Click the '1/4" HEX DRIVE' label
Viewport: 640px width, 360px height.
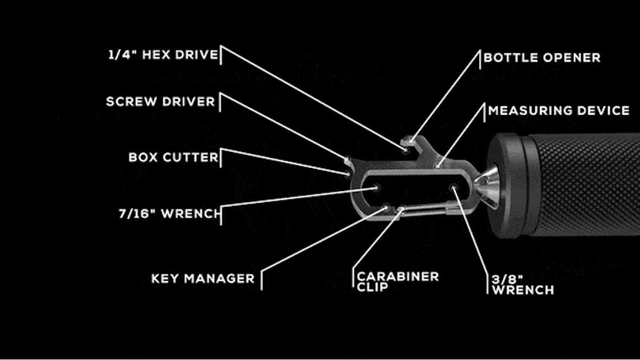pyautogui.click(x=163, y=55)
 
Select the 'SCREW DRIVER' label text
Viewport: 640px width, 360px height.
pyautogui.click(x=160, y=102)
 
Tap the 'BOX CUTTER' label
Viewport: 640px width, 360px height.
pyautogui.click(x=173, y=157)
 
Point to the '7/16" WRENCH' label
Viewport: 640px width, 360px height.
pyautogui.click(x=169, y=214)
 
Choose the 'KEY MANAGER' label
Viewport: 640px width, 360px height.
pyautogui.click(x=203, y=279)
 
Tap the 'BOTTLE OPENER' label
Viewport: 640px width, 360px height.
pyautogui.click(x=541, y=58)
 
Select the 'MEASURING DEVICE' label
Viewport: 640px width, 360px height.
pyautogui.click(x=559, y=111)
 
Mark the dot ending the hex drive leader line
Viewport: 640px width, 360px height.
pyautogui.click(x=406, y=148)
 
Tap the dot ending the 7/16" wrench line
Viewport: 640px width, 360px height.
pyautogui.click(x=376, y=188)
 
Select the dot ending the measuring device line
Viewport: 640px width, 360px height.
pyautogui.click(x=437, y=165)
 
